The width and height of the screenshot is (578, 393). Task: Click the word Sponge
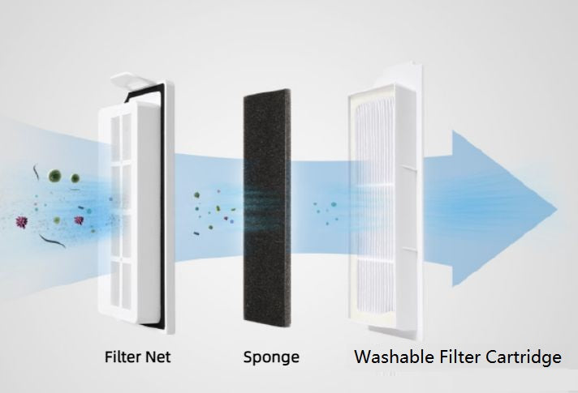pos(271,357)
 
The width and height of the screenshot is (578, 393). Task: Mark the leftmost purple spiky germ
pos(19,220)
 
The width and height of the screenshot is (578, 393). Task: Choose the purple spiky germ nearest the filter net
pos(79,220)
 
